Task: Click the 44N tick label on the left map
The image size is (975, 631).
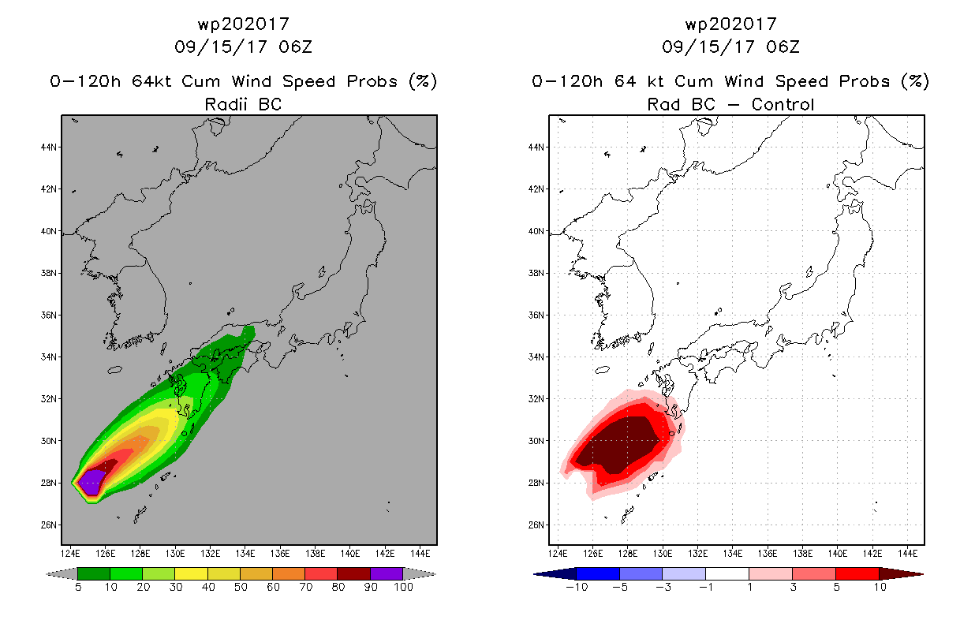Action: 49,147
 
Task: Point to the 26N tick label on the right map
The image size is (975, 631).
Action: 536,525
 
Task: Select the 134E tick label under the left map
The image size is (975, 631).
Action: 245,554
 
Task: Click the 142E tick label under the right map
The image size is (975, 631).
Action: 872,554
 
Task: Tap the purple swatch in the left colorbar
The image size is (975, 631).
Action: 387,573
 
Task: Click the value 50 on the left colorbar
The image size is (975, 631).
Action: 241,587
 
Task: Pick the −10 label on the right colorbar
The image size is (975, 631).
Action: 577,587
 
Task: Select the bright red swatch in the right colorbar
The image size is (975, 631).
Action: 857,573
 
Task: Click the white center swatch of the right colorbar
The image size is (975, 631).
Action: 727,573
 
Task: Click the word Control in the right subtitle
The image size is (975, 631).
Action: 783,104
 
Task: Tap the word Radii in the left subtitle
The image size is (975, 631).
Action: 226,104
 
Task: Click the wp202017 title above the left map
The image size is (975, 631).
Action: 244,24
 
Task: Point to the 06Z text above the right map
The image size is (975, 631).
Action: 783,47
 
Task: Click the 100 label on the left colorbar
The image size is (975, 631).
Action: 404,587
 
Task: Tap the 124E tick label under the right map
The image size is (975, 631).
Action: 558,554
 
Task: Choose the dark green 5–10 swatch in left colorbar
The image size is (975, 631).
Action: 94,573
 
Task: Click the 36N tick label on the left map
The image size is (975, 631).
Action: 49,315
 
